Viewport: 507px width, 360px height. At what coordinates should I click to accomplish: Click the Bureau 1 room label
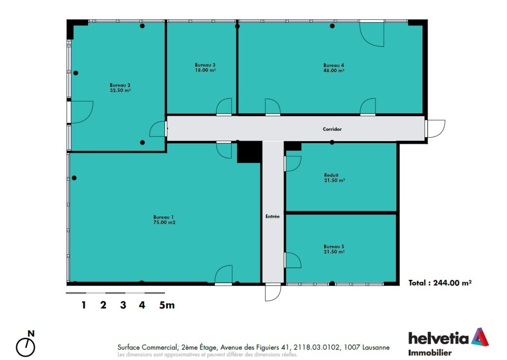163,217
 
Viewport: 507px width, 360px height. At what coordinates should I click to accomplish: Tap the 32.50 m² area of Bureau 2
120,91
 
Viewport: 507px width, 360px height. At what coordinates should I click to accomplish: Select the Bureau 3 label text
205,65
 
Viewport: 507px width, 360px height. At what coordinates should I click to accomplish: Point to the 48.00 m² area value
334,70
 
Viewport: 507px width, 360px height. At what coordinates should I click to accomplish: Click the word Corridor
332,129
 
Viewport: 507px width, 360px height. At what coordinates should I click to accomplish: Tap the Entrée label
273,216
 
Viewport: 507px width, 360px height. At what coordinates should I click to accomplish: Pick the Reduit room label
331,175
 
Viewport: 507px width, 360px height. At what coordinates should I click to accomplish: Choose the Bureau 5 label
334,247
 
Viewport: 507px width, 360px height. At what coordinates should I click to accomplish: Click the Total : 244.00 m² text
440,283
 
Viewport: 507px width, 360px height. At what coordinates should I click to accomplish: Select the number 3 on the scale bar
123,305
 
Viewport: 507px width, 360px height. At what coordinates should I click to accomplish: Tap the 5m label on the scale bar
167,305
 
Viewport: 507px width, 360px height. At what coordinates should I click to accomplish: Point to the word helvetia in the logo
439,338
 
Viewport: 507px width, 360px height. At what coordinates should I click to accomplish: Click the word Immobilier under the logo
430,353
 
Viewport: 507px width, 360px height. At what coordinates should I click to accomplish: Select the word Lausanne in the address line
376,348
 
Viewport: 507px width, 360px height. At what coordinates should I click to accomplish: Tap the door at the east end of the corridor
435,129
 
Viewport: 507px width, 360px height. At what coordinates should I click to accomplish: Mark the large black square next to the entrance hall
250,152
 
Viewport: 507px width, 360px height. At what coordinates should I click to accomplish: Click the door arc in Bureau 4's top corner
372,34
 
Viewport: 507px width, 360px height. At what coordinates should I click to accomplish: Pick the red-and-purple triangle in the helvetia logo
480,337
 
